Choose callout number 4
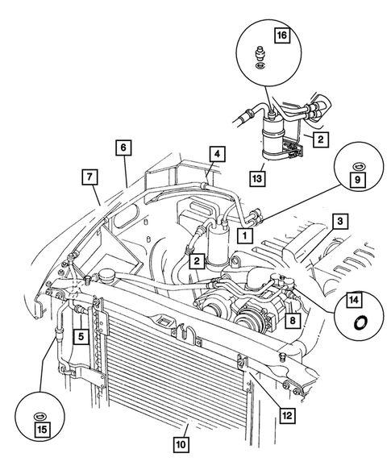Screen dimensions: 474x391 [x=122, y=148]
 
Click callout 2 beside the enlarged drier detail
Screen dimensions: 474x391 [x=319, y=139]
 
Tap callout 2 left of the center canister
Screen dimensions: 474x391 [x=194, y=260]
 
